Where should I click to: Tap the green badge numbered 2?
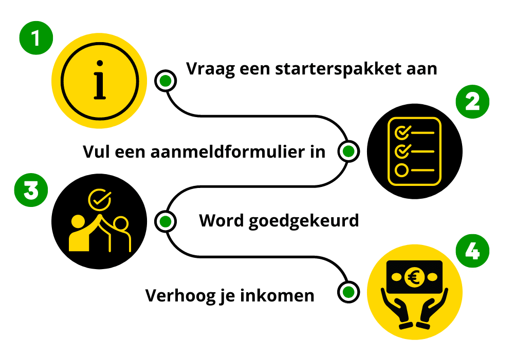[472, 102]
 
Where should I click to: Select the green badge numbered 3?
[29, 191]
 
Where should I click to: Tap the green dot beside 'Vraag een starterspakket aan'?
[166, 81]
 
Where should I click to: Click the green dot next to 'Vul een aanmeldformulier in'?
[348, 151]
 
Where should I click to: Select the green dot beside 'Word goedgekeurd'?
[165, 221]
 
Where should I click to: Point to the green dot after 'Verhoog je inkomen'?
[348, 292]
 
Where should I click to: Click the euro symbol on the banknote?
[414, 278]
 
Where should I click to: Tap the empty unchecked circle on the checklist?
[401, 170]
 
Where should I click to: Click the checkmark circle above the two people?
[99, 199]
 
